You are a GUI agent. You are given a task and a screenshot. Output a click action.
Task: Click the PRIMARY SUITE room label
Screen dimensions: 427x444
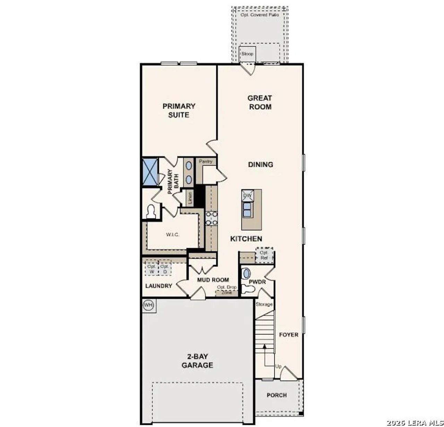(179, 110)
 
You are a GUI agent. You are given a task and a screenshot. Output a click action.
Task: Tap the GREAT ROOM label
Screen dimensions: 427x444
(260, 102)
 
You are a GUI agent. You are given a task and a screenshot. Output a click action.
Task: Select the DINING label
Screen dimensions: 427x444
(261, 164)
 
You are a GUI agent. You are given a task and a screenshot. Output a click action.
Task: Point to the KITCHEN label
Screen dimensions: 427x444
(246, 239)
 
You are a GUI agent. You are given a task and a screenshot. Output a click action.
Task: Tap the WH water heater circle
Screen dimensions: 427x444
(148, 305)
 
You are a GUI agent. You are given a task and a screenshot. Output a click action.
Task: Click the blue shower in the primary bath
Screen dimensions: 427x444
(150, 172)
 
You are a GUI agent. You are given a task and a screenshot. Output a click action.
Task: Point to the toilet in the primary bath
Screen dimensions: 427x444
(151, 212)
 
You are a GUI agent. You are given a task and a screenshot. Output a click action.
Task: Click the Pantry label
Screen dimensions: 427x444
(206, 162)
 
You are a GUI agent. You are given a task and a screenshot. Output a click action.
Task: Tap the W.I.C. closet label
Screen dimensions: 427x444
(173, 235)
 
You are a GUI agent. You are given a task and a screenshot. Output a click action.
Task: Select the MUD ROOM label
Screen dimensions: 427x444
(213, 280)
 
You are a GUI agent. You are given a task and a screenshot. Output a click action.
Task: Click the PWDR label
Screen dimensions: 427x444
(257, 282)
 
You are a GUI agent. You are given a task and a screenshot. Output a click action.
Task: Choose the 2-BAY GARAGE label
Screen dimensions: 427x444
(197, 361)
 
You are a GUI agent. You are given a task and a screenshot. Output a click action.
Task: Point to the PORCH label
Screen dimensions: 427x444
(277, 395)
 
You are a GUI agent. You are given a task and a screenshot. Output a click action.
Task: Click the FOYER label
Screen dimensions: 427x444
(289, 335)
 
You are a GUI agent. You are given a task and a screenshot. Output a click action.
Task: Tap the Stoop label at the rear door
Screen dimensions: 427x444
(247, 54)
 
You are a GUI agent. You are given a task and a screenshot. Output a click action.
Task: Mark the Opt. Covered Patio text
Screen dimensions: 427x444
(260, 15)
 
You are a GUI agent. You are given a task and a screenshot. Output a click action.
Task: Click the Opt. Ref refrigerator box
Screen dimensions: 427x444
(265, 256)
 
